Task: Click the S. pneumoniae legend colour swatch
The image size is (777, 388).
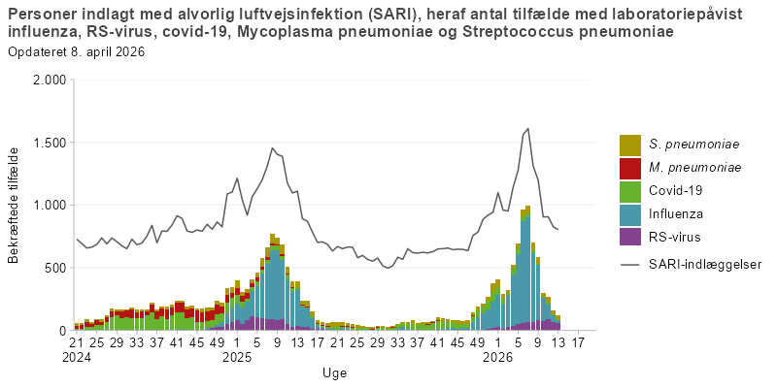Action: (630, 145)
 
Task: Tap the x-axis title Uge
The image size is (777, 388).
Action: (334, 372)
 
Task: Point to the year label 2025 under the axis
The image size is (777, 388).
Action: (237, 357)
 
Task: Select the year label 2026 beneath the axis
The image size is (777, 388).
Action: (497, 357)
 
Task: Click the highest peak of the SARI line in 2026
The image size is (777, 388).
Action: (527, 128)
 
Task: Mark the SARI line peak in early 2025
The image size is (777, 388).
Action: (273, 148)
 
